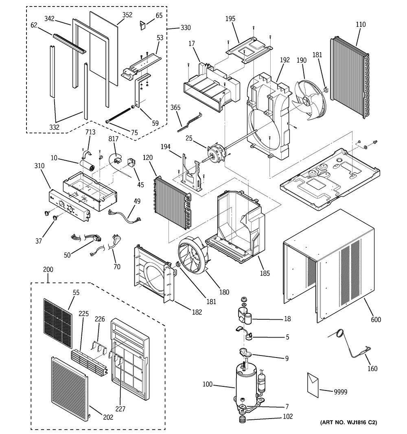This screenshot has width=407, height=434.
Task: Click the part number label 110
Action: pyautogui.click(x=360, y=25)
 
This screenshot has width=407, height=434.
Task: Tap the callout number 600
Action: pyautogui.click(x=376, y=320)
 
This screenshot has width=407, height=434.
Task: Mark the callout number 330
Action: pyautogui.click(x=185, y=28)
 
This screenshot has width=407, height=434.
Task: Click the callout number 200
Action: pyautogui.click(x=48, y=270)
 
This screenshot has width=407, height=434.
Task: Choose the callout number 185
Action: pyautogui.click(x=265, y=273)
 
